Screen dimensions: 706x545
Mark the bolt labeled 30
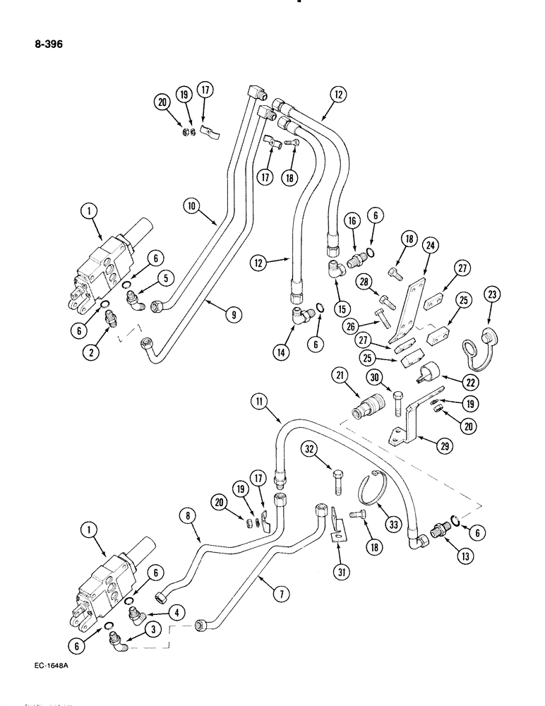pyautogui.click(x=398, y=406)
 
